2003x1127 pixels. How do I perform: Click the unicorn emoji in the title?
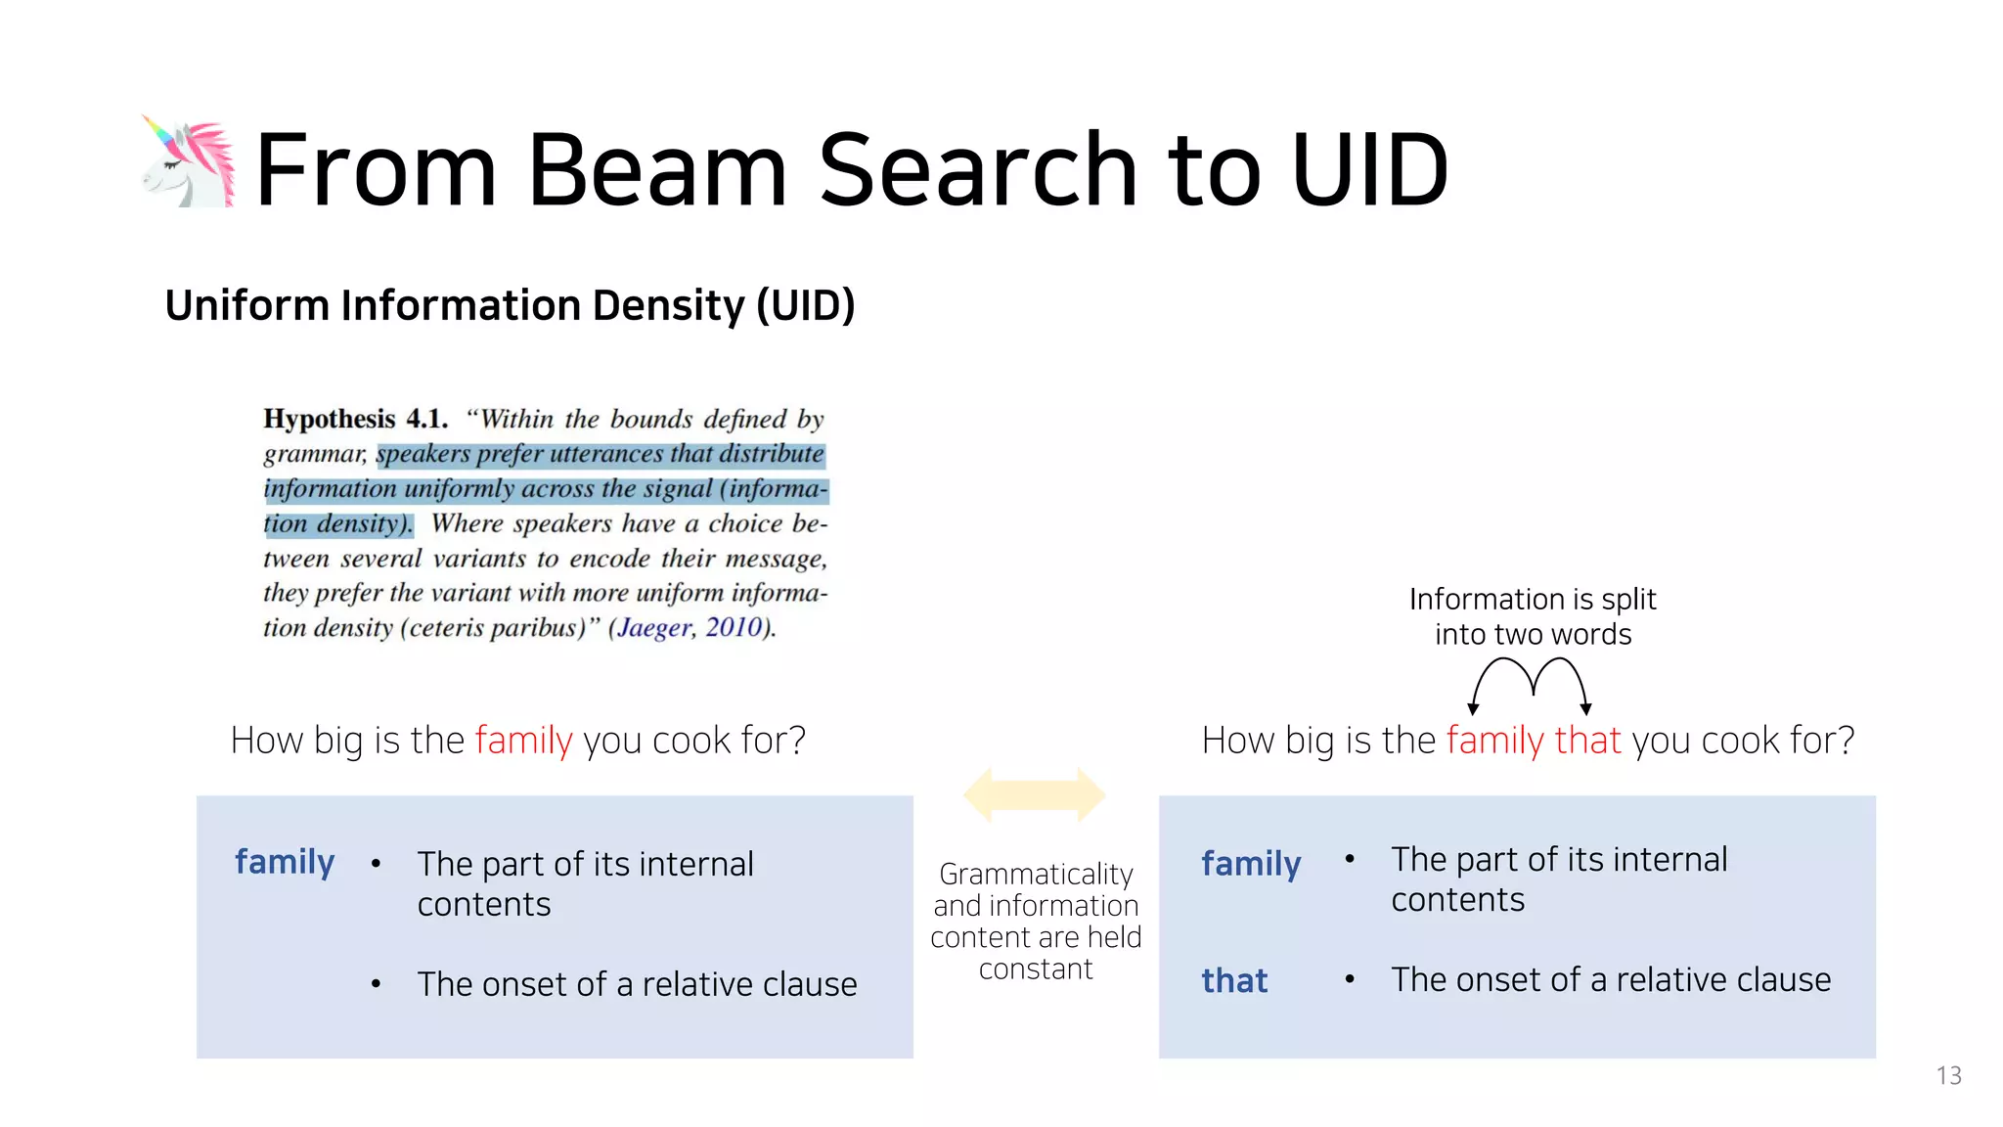pyautogui.click(x=189, y=162)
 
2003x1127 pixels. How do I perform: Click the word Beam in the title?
pyautogui.click(x=656, y=171)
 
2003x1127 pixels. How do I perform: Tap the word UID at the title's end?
pyautogui.click(x=1369, y=171)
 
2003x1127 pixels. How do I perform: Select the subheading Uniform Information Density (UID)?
pyautogui.click(x=510, y=306)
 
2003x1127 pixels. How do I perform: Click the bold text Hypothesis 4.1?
pyautogui.click(x=355, y=420)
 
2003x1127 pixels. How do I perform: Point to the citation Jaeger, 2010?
pyautogui.click(x=690, y=627)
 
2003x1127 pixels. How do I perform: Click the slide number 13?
pyautogui.click(x=1948, y=1076)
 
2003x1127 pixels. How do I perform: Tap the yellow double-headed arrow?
pyautogui.click(x=1035, y=794)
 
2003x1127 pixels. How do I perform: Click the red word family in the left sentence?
pyautogui.click(x=523, y=741)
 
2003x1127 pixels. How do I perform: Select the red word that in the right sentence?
pyautogui.click(x=1587, y=741)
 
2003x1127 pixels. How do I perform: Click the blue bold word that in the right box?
pyautogui.click(x=1234, y=980)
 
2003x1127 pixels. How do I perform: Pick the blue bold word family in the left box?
pyautogui.click(x=285, y=862)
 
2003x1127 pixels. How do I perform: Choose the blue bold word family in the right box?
pyautogui.click(x=1251, y=864)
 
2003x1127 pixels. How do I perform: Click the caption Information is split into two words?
pyautogui.click(x=1533, y=616)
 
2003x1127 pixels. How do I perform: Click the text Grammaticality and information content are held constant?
pyautogui.click(x=1036, y=921)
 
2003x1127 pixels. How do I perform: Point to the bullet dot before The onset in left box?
pyautogui.click(x=376, y=984)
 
